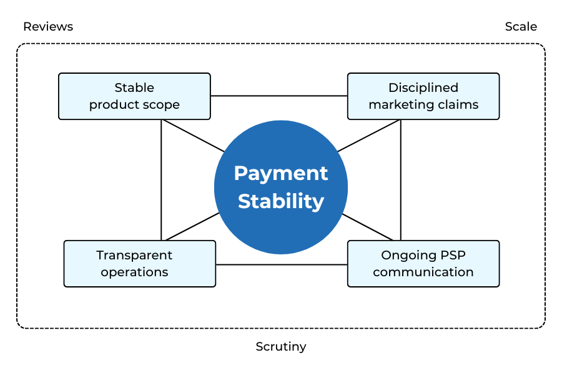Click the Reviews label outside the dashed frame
48,26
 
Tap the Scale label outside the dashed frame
521,26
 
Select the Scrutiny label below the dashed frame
281,346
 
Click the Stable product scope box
134,96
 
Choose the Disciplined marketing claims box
423,96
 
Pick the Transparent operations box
139,264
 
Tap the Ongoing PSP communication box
423,264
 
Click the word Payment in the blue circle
281,173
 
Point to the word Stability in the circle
281,201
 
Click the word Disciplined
423,87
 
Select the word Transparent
134,255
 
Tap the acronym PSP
451,255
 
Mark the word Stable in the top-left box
134,87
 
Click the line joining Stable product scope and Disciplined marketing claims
279,96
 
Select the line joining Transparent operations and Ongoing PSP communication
281,264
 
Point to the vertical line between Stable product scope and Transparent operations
161,181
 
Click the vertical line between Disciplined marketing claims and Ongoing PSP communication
400,181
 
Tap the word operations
134,272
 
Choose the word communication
423,272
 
